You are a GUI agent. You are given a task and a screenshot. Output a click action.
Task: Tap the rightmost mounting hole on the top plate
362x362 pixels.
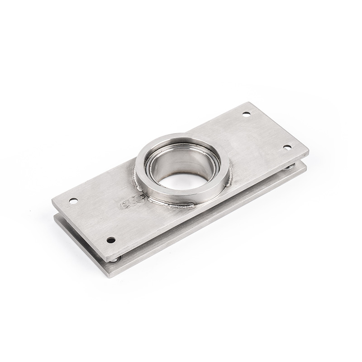[x=287, y=147]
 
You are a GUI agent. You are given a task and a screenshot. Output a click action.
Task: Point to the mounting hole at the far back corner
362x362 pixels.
[x=247, y=114]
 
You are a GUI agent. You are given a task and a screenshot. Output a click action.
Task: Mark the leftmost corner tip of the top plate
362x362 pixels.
[x=52, y=199]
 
